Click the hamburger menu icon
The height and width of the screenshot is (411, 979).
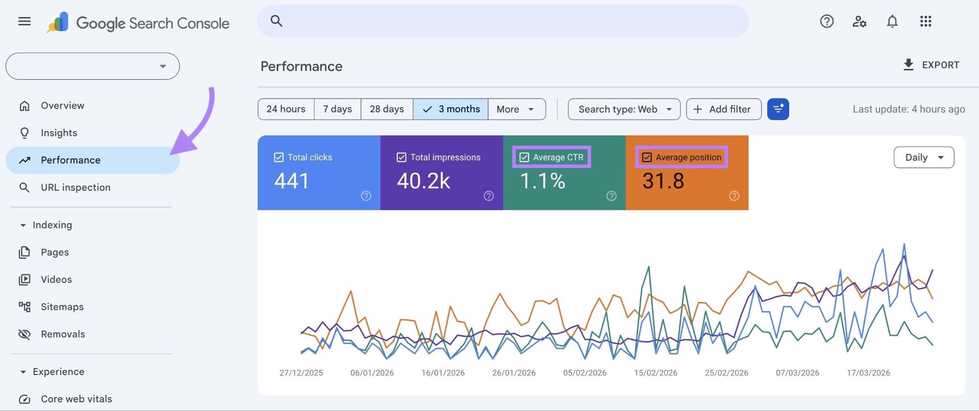pyautogui.click(x=24, y=22)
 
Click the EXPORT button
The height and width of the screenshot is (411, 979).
pyautogui.click(x=931, y=65)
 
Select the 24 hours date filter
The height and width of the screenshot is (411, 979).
pyautogui.click(x=286, y=109)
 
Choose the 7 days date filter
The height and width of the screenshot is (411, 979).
pyautogui.click(x=337, y=109)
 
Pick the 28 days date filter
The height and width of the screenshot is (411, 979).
pyautogui.click(x=387, y=109)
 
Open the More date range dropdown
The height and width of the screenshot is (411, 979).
pyautogui.click(x=516, y=109)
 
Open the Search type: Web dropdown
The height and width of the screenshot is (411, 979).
pyautogui.click(x=624, y=109)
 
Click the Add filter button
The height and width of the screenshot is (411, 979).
pyautogui.click(x=723, y=109)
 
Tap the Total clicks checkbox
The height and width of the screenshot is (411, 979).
pyautogui.click(x=279, y=157)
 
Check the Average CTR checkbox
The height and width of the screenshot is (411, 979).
pyautogui.click(x=524, y=157)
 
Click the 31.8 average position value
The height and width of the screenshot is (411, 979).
pyautogui.click(x=663, y=181)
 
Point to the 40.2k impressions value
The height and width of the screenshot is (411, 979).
pyautogui.click(x=423, y=181)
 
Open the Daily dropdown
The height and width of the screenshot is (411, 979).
pyautogui.click(x=924, y=157)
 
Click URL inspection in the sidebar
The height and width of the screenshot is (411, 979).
pyautogui.click(x=76, y=188)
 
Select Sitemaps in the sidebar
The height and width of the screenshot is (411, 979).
pyautogui.click(x=62, y=307)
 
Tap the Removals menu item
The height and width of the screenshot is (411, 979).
pyautogui.click(x=63, y=334)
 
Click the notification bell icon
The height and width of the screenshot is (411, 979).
pyautogui.click(x=892, y=22)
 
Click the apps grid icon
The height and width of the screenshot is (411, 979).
pyautogui.click(x=925, y=22)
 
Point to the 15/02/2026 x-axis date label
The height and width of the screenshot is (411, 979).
pyautogui.click(x=655, y=373)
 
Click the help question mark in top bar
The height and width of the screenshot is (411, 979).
pyautogui.click(x=827, y=22)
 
